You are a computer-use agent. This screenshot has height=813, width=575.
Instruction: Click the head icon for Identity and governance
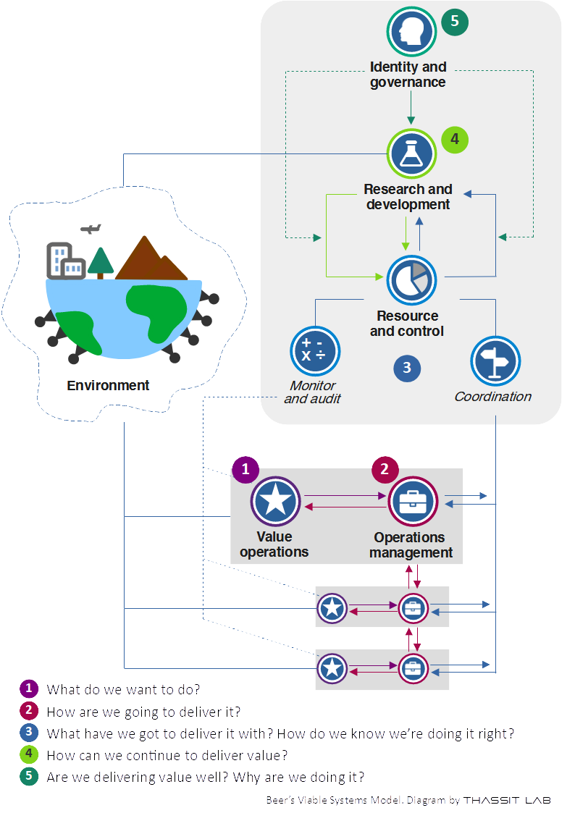click(x=411, y=31)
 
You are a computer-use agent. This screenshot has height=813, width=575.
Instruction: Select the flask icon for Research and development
click(x=411, y=153)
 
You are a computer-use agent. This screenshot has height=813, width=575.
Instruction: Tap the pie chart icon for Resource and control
click(x=411, y=280)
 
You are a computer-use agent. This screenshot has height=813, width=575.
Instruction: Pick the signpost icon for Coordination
click(x=496, y=360)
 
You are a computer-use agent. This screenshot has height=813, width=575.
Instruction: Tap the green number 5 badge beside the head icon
click(x=455, y=21)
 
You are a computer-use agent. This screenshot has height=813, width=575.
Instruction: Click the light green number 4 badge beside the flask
click(x=455, y=138)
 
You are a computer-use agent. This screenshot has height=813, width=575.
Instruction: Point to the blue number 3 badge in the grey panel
click(x=407, y=368)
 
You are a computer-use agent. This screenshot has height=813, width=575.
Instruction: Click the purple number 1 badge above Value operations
click(x=245, y=469)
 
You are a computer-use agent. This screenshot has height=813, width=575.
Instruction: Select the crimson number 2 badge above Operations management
click(x=385, y=469)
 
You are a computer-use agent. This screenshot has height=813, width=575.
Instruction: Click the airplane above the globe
click(x=91, y=229)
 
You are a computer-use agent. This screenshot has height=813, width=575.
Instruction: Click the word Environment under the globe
click(x=108, y=386)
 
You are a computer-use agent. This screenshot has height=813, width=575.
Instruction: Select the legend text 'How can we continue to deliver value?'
click(x=167, y=755)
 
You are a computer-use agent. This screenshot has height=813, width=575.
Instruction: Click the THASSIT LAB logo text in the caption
click(x=506, y=800)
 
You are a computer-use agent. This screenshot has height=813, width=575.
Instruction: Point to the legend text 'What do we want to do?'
click(x=123, y=689)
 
